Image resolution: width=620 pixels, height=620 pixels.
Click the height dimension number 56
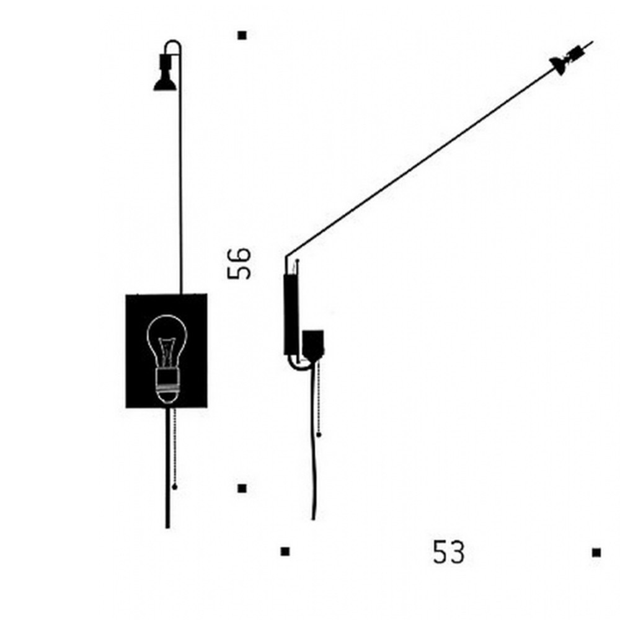coord(239,263)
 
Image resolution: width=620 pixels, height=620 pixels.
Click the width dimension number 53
coord(448,552)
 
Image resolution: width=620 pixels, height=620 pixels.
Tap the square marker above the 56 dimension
coord(242,36)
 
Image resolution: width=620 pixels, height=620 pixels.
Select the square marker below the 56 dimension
coord(242,489)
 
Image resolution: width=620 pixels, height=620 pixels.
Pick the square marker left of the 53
coord(285,551)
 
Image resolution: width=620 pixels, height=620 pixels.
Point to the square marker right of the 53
coord(596,552)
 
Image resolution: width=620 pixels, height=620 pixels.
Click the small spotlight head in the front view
coord(164,74)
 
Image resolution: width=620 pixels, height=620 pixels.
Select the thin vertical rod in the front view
coord(181,186)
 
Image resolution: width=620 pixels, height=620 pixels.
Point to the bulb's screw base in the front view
coord(167,381)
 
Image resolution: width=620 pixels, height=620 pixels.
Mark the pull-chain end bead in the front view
coord(174,487)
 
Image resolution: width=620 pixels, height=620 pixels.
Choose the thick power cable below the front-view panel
coord(167,471)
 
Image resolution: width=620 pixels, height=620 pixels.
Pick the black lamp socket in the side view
coord(313,344)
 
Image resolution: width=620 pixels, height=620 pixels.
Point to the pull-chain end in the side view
coord(319,435)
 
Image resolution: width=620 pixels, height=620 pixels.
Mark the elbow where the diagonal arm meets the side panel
coord(286,258)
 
